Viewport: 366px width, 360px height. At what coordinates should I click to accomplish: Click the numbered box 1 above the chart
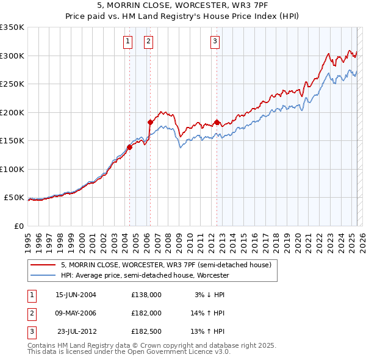click(127, 41)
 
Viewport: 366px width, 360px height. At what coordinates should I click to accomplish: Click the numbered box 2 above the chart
click(148, 41)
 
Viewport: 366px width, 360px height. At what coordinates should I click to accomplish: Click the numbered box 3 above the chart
click(215, 41)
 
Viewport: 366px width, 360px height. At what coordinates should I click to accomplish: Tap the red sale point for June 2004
click(129, 147)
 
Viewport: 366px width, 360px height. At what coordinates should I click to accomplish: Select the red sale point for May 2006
click(150, 122)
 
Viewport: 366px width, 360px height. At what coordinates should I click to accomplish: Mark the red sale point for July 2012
click(217, 122)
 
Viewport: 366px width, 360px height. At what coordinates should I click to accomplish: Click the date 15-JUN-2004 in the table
click(76, 294)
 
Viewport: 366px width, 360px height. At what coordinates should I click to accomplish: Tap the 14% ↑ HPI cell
click(207, 313)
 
